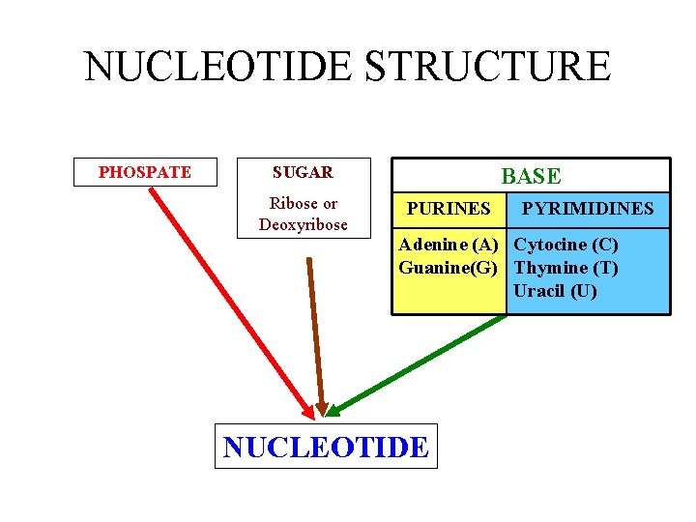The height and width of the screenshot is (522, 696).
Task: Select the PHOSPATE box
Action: pyautogui.click(x=145, y=172)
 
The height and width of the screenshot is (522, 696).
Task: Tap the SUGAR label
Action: pyautogui.click(x=303, y=172)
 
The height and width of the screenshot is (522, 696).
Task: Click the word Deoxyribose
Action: pyautogui.click(x=303, y=224)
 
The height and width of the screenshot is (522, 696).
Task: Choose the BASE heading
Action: pyautogui.click(x=530, y=176)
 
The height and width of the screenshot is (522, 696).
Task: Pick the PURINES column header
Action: pyautogui.click(x=449, y=208)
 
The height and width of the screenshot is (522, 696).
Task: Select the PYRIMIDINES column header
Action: pyautogui.click(x=588, y=208)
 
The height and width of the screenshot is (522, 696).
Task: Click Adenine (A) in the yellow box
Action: pyautogui.click(x=449, y=245)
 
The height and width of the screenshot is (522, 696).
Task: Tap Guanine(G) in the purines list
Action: pyautogui.click(x=449, y=267)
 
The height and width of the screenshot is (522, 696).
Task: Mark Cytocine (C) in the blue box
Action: pyautogui.click(x=565, y=245)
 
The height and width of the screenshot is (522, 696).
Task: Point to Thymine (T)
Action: pyautogui.click(x=565, y=267)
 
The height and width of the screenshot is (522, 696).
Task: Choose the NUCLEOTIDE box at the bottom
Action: pyautogui.click(x=325, y=447)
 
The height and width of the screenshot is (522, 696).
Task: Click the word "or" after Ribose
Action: pyautogui.click(x=330, y=203)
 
